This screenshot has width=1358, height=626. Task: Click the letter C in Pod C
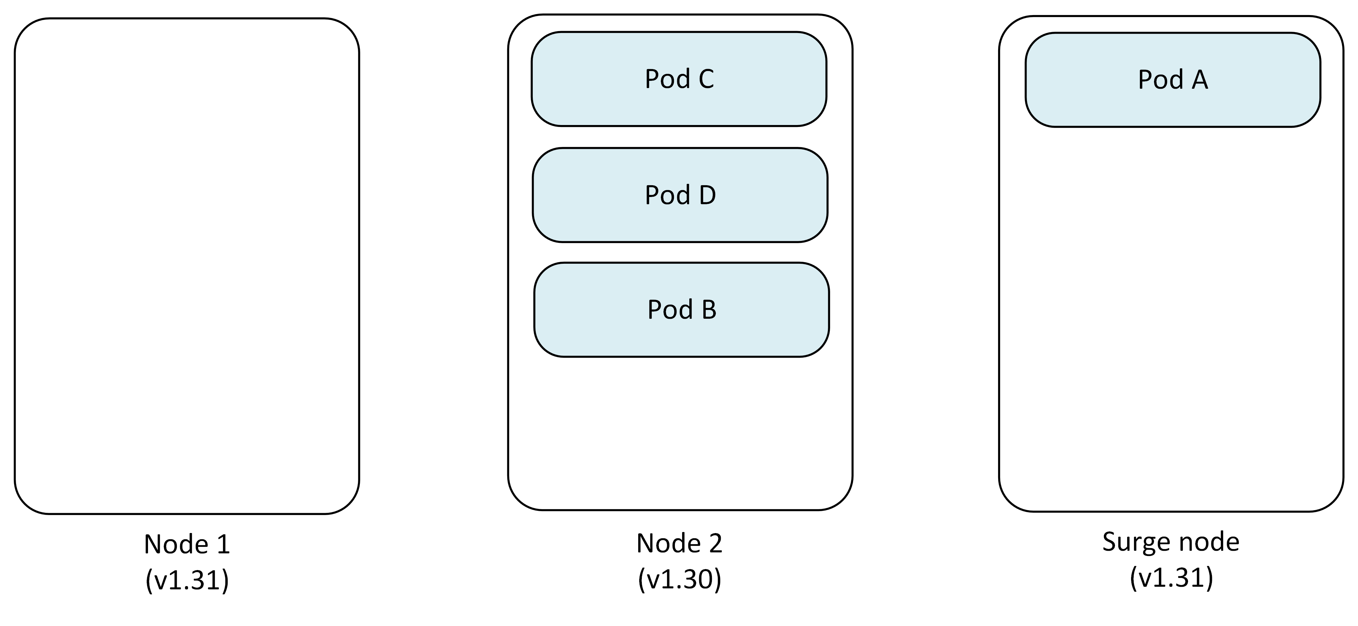click(x=706, y=79)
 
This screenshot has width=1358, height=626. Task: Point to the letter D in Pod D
click(x=707, y=195)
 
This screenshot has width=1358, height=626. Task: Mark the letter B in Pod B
click(x=709, y=310)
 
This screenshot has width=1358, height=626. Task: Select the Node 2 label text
click(x=679, y=543)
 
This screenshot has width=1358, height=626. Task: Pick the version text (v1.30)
click(x=679, y=579)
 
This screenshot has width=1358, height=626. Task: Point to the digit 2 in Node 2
click(x=715, y=543)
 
